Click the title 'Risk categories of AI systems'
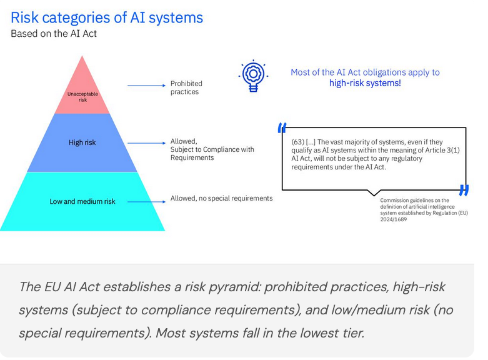(x=107, y=17)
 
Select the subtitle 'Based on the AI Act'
(x=54, y=34)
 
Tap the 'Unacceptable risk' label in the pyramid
(x=82, y=97)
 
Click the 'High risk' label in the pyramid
(x=82, y=143)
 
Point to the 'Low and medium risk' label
(x=82, y=201)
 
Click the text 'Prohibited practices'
(x=186, y=87)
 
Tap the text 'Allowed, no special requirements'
(x=221, y=199)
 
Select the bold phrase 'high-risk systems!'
(x=365, y=83)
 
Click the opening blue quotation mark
(x=282, y=127)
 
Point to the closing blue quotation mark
(x=463, y=189)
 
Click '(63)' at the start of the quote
(x=298, y=141)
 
